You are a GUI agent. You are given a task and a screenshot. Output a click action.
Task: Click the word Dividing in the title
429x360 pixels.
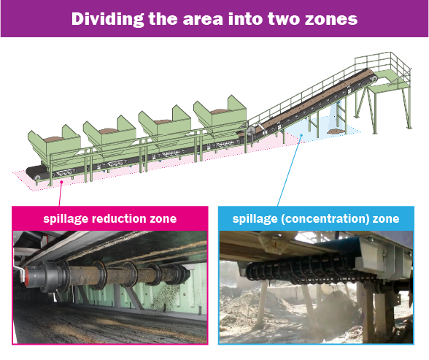[107, 19]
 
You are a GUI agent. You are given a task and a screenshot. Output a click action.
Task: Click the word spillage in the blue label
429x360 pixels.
[255, 219]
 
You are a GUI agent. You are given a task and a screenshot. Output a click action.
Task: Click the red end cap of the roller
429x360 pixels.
[27, 276]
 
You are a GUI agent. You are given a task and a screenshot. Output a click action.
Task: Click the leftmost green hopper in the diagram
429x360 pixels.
[54, 145]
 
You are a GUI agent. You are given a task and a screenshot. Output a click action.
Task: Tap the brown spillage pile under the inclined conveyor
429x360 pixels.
[336, 131]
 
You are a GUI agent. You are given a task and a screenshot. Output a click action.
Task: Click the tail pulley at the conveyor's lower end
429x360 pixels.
[37, 177]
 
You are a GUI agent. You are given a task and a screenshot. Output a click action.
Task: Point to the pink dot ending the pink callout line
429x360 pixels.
[62, 182]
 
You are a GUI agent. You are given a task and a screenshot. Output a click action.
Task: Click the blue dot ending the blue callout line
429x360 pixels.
[301, 134]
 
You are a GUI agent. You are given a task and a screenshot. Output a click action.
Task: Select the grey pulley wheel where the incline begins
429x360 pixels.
[252, 129]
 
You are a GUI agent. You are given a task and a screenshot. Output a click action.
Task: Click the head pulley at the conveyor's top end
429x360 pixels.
[374, 78]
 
